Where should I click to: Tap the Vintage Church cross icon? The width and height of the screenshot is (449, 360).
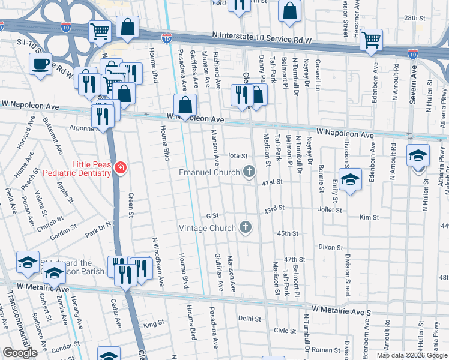tap(245, 227)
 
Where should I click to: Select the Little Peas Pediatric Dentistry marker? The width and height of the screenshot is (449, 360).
tap(121, 167)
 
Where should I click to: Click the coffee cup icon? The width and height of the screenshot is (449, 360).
tap(41, 64)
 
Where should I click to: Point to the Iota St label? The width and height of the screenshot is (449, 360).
tap(238, 155)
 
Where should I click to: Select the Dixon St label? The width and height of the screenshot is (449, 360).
tap(330, 247)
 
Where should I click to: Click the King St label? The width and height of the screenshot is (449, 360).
tap(154, 325)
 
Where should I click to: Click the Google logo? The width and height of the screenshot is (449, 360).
tap(20, 353)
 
